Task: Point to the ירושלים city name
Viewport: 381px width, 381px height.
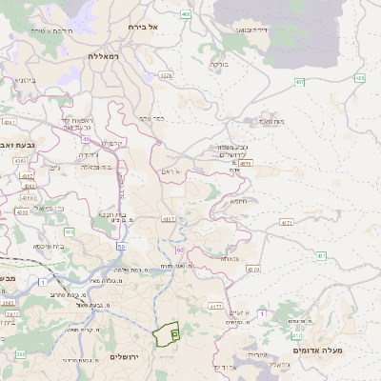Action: (x=125, y=356)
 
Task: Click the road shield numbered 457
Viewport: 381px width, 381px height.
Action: (x=299, y=83)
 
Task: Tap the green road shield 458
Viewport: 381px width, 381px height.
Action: (x=359, y=78)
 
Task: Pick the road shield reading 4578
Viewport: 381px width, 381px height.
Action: (x=246, y=163)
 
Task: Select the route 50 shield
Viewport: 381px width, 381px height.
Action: (x=121, y=247)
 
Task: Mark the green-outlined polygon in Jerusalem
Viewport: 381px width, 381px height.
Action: (x=166, y=333)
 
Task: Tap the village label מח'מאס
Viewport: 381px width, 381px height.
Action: (x=271, y=121)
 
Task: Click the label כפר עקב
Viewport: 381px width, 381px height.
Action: (x=151, y=118)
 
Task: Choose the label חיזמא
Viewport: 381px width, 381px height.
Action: (x=237, y=201)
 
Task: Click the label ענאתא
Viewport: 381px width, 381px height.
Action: (x=230, y=258)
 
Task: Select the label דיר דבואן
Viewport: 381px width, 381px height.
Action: (x=254, y=30)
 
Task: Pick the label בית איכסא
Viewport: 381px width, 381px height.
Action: (x=49, y=246)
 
